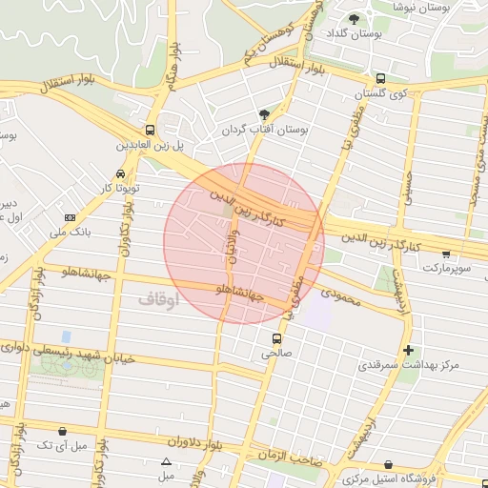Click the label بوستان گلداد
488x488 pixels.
tap(354, 33)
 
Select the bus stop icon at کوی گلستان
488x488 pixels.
tap(381, 79)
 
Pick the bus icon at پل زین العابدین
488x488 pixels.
tap(150, 131)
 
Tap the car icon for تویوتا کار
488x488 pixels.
tap(120, 174)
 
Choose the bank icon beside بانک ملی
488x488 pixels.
tap(70, 218)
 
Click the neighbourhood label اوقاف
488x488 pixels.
tap(158, 299)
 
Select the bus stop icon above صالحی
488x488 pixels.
tap(277, 338)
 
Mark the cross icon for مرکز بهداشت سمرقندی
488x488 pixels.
tap(409, 351)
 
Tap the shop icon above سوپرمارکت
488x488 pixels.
tap(446, 254)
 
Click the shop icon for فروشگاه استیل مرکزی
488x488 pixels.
tap(386, 464)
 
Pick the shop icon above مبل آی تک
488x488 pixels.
tap(63, 432)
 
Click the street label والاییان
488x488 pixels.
tap(230, 250)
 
